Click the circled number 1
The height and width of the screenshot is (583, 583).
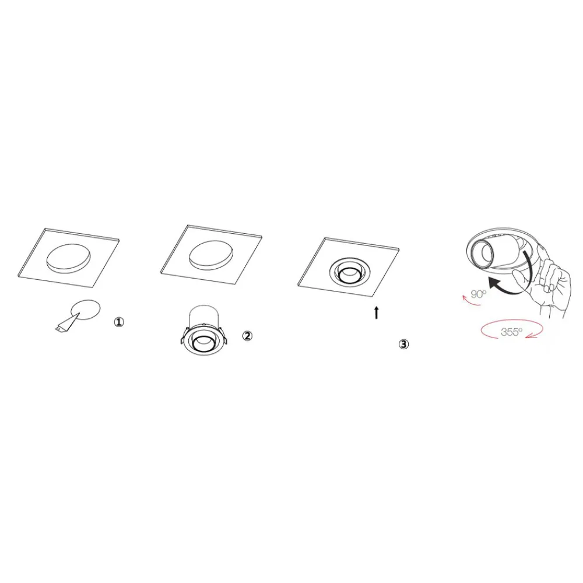coord(119,322)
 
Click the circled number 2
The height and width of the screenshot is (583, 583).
coord(247,336)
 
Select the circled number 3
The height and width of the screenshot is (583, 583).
coord(403,345)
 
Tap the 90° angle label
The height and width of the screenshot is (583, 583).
coord(479,294)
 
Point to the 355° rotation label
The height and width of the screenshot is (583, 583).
coord(512,332)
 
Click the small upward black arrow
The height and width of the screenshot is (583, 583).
coord(377,312)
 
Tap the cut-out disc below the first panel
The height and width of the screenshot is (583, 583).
coord(86,310)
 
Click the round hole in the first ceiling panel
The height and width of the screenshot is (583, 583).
coord(68,259)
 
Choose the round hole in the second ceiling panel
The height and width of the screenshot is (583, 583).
coord(211,255)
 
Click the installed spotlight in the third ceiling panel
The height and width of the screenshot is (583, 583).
coord(348,274)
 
